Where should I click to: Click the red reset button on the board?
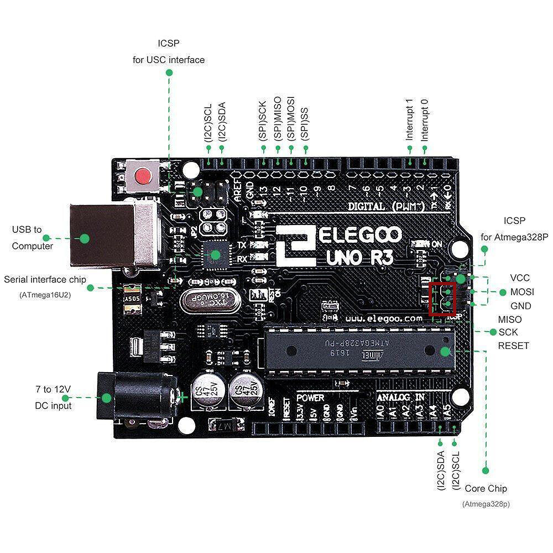(x=143, y=176)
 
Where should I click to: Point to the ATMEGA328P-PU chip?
(x=359, y=349)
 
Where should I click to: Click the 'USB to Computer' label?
(x=33, y=238)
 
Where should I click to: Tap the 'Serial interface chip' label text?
(x=45, y=279)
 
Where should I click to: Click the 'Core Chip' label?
(x=486, y=488)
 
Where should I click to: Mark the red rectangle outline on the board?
(x=443, y=299)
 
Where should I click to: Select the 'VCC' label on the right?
(x=520, y=278)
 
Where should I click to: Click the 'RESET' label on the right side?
(x=513, y=346)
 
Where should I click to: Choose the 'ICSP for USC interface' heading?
(x=169, y=51)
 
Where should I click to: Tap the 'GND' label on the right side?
(x=520, y=306)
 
